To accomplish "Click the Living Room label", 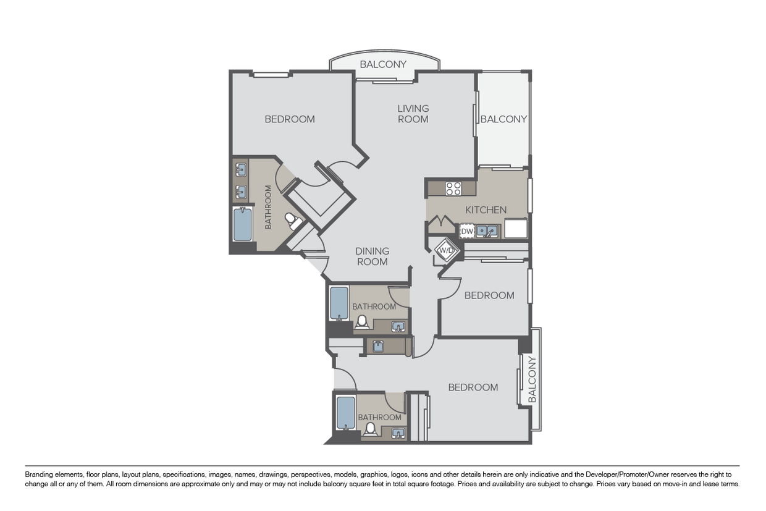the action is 413,114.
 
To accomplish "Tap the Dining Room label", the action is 372,256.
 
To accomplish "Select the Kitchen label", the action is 486,209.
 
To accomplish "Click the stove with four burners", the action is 453,189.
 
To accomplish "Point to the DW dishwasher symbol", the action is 467,231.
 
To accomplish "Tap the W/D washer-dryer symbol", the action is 446,250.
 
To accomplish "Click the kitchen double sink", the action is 487,230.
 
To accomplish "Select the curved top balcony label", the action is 383,64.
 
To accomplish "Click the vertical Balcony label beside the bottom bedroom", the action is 532,379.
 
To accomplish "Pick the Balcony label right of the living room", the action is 503,119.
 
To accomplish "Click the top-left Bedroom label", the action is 290,119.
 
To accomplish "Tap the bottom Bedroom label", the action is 473,387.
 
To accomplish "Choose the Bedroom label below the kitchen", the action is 489,295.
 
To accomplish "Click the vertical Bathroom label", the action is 268,207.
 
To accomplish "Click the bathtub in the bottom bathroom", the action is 346,413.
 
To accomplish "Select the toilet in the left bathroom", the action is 292,221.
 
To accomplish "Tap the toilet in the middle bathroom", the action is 362,322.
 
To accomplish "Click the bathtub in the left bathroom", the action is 242,224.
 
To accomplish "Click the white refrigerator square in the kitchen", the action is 516,229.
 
